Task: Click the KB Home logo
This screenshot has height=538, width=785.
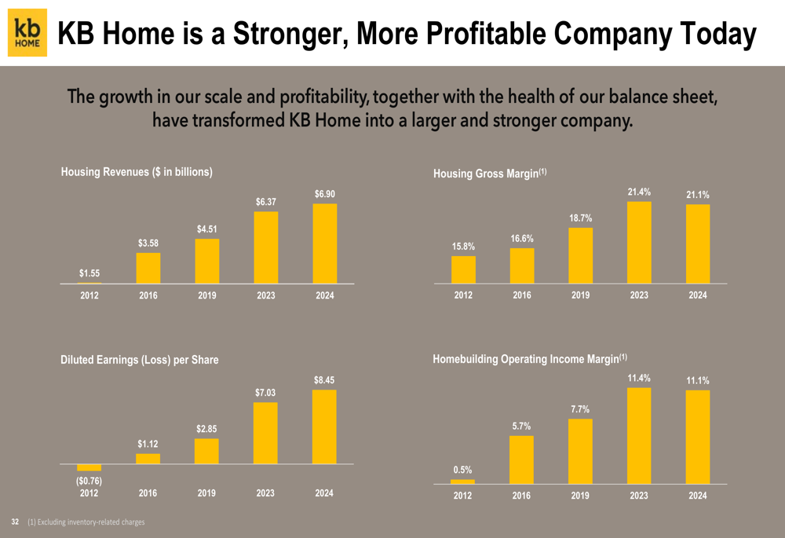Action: click(27, 33)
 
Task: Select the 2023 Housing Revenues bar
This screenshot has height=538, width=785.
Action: click(266, 247)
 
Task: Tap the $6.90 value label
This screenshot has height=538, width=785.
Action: click(325, 194)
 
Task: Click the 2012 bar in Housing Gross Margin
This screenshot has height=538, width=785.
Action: click(463, 269)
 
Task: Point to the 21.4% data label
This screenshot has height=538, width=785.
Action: click(639, 192)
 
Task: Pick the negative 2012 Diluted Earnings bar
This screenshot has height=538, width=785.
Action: click(89, 467)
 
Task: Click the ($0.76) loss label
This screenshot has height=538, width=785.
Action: click(89, 481)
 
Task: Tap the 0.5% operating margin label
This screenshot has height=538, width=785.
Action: click(462, 470)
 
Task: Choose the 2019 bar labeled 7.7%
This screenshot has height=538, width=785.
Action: click(580, 451)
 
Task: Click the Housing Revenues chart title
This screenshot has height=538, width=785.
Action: click(137, 171)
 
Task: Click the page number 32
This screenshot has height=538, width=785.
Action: click(14, 522)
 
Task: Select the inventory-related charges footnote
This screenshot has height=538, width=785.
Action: click(86, 522)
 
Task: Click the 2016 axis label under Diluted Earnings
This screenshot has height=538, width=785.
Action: click(148, 493)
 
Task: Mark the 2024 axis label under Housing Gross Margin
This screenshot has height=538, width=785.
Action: click(697, 295)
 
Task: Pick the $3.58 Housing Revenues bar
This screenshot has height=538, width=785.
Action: click(148, 268)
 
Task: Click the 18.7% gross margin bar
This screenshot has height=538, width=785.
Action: click(580, 255)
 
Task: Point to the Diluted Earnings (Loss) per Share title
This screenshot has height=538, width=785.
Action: click(140, 360)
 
